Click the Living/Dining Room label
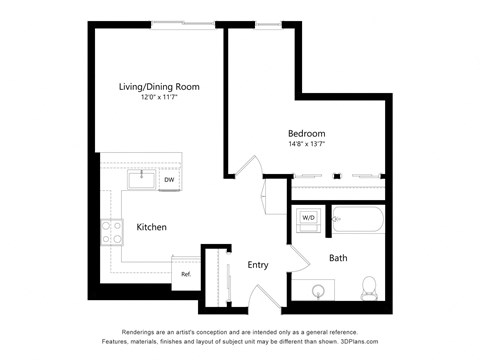coord(159,87)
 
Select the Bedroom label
coord(306,133)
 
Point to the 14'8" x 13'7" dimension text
coord(306,144)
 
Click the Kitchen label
coord(151,227)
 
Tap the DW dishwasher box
coord(169,180)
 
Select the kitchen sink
coord(141,180)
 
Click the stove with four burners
coord(110,232)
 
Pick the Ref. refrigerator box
coord(186,272)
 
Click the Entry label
coord(258,264)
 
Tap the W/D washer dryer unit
coord(308,217)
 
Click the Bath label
coord(338,258)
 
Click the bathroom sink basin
coord(318,291)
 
